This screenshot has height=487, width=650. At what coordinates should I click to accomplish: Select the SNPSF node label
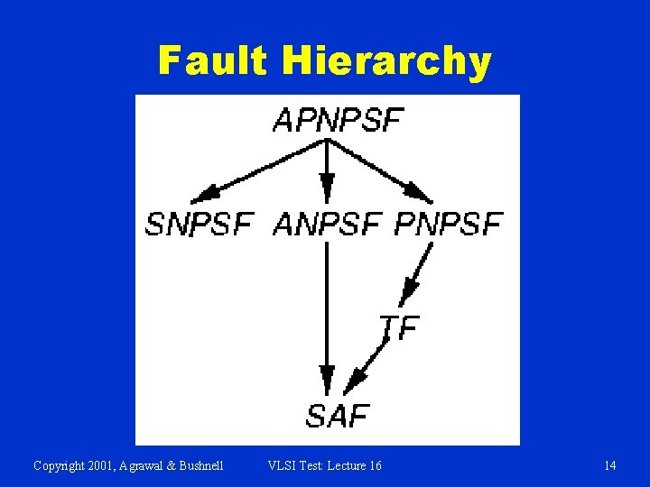pos(199,223)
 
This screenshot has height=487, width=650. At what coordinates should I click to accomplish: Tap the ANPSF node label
pos(326,223)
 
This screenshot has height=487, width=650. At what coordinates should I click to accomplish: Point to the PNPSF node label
pos(448,223)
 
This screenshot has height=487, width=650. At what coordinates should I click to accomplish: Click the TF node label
pos(399,326)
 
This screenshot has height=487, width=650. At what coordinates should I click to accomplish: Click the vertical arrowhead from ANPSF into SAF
pos(326,377)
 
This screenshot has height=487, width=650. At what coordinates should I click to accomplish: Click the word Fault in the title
pos(212,61)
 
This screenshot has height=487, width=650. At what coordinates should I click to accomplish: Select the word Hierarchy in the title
pos(386,62)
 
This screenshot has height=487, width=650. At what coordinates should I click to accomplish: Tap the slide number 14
pos(610,465)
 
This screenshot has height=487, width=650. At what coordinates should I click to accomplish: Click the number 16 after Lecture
pos(375,465)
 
